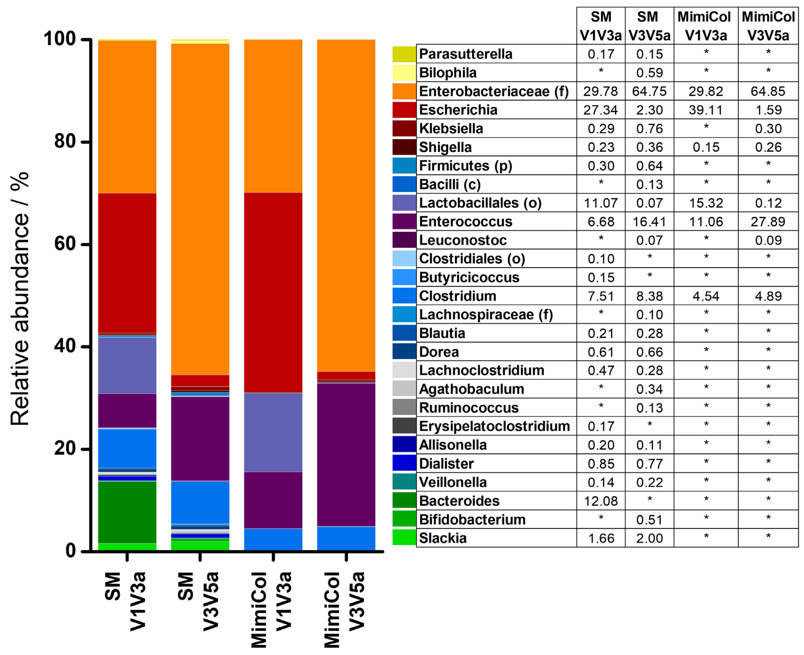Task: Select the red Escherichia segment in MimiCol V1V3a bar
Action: [273, 292]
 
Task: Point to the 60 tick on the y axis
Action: [86, 244]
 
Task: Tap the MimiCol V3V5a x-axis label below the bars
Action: [344, 609]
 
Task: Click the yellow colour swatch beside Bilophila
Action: [404, 72]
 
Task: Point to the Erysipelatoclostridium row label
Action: [494, 426]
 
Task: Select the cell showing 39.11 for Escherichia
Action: [705, 110]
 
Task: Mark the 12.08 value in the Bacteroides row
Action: [601, 501]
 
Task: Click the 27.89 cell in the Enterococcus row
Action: [768, 222]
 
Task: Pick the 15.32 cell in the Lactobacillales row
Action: [705, 203]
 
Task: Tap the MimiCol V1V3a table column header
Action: [705, 26]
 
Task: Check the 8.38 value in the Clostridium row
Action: [649, 296]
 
